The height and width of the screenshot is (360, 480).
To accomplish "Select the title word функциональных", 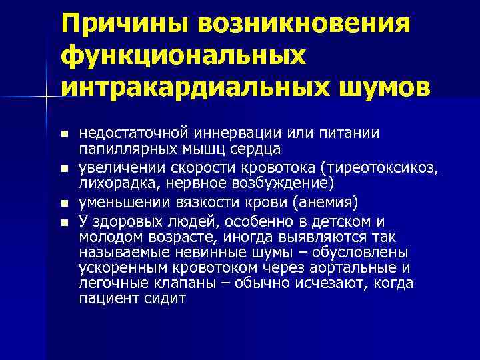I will pos(183,57).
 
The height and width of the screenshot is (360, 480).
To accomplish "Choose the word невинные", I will pos(197,252).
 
